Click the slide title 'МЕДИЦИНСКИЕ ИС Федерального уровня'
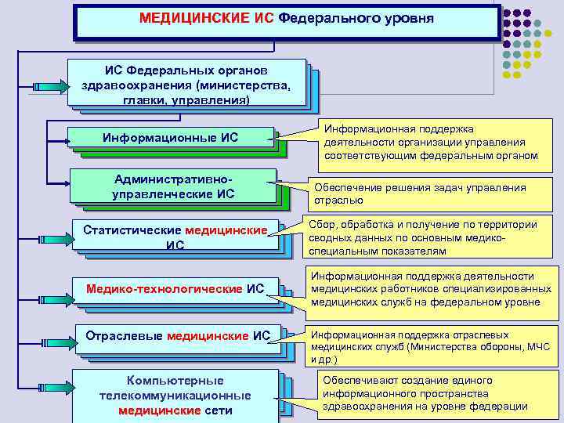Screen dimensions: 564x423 click(286, 18)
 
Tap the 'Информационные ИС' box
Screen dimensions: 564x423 click(170, 138)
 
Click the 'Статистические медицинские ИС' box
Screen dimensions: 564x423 click(175, 237)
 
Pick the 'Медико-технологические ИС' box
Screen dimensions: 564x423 click(175, 289)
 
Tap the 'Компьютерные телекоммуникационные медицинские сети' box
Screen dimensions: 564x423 click(175, 396)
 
